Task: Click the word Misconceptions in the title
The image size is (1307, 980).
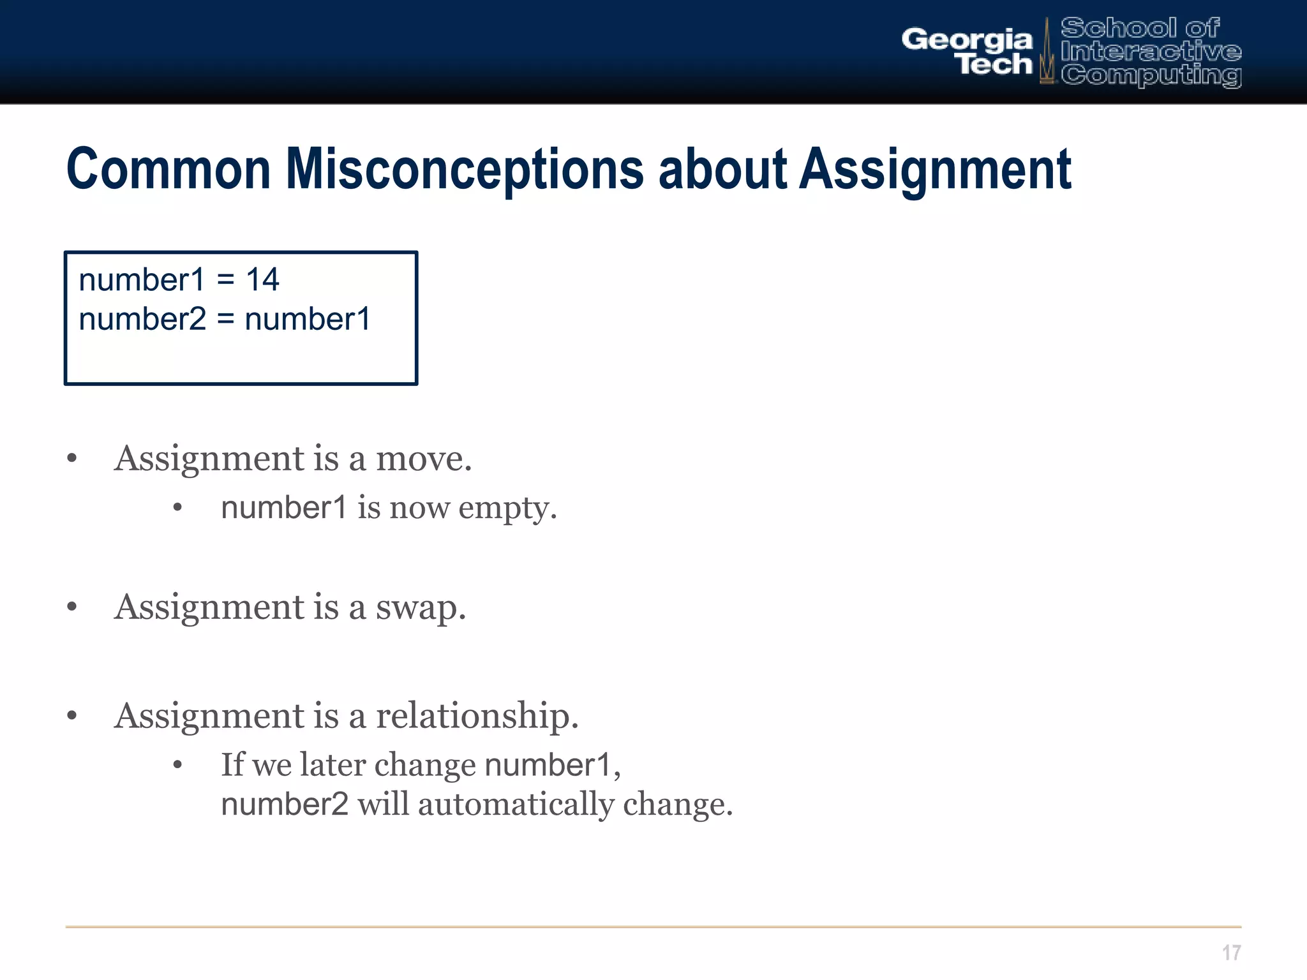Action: (x=465, y=170)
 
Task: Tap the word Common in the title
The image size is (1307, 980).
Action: (x=168, y=170)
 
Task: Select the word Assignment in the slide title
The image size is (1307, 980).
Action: (x=935, y=170)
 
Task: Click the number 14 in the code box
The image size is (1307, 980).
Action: (x=262, y=279)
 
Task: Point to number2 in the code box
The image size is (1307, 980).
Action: (x=142, y=319)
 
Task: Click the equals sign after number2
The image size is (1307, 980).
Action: (x=225, y=319)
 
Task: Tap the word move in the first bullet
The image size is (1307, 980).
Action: (x=423, y=459)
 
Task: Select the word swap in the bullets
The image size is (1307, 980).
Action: (x=420, y=607)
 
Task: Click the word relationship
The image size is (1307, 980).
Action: (x=476, y=716)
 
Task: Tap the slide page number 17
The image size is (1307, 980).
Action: (x=1231, y=953)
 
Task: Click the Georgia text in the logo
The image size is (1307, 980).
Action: (x=966, y=40)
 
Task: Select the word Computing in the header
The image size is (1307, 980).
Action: (x=1151, y=75)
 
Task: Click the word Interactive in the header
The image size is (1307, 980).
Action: (x=1151, y=51)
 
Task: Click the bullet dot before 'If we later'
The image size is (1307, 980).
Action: (x=178, y=765)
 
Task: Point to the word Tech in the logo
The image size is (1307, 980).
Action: (x=995, y=64)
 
